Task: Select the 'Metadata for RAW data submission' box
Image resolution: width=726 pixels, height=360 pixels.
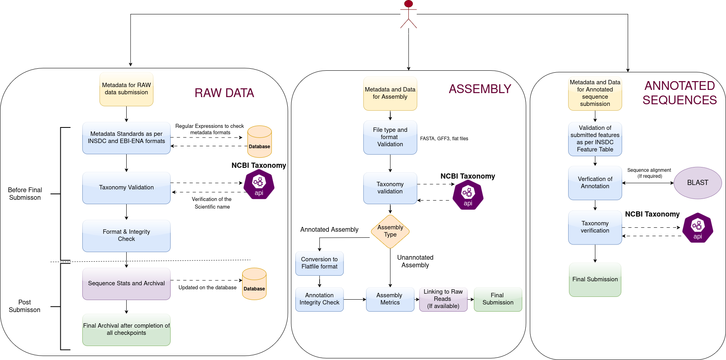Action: tap(126, 89)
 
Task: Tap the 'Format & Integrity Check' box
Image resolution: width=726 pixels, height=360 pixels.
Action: tap(126, 236)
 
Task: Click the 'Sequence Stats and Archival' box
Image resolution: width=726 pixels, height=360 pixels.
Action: tap(126, 284)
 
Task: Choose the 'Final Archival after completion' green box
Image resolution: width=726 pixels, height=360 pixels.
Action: tap(126, 330)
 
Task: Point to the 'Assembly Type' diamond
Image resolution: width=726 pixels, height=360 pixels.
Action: tap(390, 231)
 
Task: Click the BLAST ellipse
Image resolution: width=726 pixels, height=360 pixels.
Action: tap(698, 183)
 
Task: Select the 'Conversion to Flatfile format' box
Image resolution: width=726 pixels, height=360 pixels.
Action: tap(319, 263)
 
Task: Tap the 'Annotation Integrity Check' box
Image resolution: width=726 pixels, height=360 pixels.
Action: tap(319, 299)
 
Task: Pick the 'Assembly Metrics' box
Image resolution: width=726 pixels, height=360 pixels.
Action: tap(390, 299)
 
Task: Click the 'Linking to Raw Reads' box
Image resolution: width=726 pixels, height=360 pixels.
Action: tap(443, 299)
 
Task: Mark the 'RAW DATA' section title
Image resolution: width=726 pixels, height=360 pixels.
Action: tap(224, 93)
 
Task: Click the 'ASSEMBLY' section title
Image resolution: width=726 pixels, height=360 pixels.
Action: tap(480, 89)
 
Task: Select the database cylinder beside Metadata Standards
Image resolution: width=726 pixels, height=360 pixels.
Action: tap(259, 142)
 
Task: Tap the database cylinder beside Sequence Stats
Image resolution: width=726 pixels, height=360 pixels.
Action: tap(254, 284)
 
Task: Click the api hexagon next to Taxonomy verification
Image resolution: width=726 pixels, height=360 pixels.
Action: tap(698, 228)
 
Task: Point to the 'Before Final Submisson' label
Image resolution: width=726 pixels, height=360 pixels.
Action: tap(25, 194)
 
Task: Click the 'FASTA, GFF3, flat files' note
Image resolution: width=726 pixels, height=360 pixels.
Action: tap(444, 139)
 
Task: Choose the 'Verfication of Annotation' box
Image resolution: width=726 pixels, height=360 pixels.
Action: tap(595, 183)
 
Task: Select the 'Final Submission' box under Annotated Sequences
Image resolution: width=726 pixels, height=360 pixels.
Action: tap(595, 280)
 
